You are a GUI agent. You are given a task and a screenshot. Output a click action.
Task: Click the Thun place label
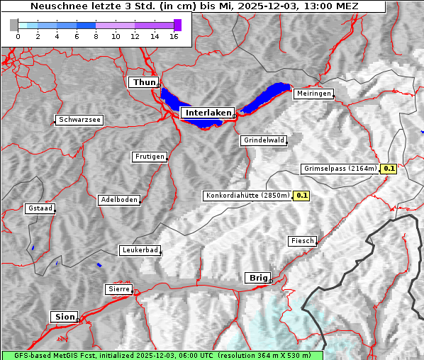[144, 83]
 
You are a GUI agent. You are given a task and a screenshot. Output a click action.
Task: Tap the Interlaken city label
[207, 113]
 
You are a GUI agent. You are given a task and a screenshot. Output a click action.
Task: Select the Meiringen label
[313, 94]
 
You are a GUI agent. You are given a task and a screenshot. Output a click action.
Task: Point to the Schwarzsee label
[79, 120]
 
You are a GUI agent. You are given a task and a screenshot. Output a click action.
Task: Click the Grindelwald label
[264, 140]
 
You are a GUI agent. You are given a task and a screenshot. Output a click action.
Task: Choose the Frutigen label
[150, 157]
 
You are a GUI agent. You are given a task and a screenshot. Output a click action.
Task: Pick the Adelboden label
[118, 200]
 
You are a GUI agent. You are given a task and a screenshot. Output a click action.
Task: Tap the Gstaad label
[40, 208]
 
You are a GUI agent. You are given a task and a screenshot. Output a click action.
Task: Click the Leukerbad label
[140, 250]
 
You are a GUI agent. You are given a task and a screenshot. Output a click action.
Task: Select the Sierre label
[118, 289]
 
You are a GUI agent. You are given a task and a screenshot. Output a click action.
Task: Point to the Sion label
[64, 316]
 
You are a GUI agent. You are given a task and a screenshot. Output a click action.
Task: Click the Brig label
[257, 278]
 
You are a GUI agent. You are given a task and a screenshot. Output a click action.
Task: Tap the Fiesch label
[302, 241]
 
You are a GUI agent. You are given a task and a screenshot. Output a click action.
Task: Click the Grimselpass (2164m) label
[340, 169]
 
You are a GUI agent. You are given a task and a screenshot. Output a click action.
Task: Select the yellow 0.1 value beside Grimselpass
[389, 169]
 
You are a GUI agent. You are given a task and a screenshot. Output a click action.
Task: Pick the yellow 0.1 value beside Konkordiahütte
[301, 196]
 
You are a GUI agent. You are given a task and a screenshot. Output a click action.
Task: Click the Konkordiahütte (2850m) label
[247, 196]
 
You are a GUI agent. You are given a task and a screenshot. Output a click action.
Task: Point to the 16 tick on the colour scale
[174, 36]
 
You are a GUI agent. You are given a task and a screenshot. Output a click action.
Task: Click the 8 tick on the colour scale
[96, 36]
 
